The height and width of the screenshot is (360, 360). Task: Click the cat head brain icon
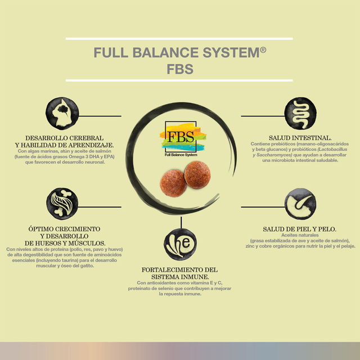pyautogui.click(x=62, y=114)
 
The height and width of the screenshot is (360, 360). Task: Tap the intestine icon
pyautogui.click(x=300, y=114)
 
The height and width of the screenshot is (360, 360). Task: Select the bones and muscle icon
pyautogui.click(x=62, y=204)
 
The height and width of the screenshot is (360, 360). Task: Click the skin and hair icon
pyautogui.click(x=300, y=204)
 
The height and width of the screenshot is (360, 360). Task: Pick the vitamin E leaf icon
pyautogui.click(x=180, y=244)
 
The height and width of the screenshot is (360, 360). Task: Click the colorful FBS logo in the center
pyautogui.click(x=182, y=139)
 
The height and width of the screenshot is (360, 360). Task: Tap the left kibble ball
pyautogui.click(x=173, y=183)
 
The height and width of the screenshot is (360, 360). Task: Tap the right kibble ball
pyautogui.click(x=197, y=175)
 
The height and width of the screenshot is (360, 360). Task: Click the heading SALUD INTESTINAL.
pyautogui.click(x=300, y=138)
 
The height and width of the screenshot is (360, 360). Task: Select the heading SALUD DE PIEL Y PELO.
pyautogui.click(x=300, y=229)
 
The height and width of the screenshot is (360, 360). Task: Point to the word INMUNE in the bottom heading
pyautogui.click(x=194, y=277)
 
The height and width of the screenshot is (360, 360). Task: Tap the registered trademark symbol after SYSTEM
pyautogui.click(x=263, y=49)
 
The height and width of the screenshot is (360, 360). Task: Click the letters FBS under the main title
pyautogui.click(x=180, y=69)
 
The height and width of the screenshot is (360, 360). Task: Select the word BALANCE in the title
pyautogui.click(x=165, y=52)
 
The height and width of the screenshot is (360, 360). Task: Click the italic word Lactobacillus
pyautogui.click(x=332, y=150)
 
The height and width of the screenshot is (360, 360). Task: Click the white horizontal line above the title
pyautogui.click(x=179, y=39)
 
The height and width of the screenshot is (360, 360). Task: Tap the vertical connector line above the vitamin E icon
pyautogui.click(x=181, y=222)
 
